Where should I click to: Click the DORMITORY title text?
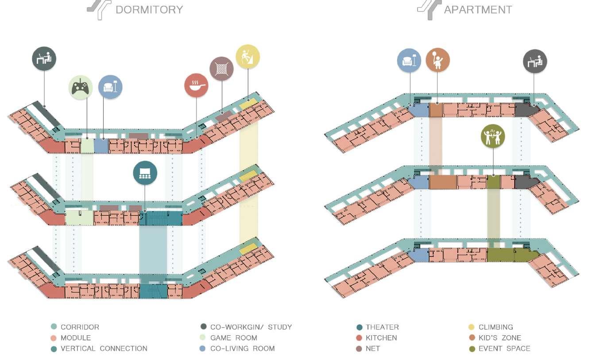(x=149, y=10)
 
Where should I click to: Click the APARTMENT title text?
(x=478, y=10)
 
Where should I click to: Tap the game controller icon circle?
(x=81, y=87)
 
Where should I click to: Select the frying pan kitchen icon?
(x=196, y=85)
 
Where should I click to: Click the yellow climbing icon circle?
(x=248, y=56)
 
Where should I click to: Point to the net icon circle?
(x=221, y=69)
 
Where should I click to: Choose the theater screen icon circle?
(x=145, y=173)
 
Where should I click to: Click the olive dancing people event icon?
(x=493, y=136)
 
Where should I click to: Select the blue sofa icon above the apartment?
(x=409, y=60)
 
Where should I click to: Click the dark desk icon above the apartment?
(x=535, y=62)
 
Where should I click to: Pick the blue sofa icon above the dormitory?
(x=110, y=87)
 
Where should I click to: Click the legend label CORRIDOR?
(x=80, y=327)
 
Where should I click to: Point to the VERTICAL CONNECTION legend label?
(x=104, y=348)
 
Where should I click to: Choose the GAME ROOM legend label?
(x=233, y=338)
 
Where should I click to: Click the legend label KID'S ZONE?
(x=499, y=338)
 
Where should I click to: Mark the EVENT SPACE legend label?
(x=504, y=348)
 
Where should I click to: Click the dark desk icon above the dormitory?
(x=44, y=58)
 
